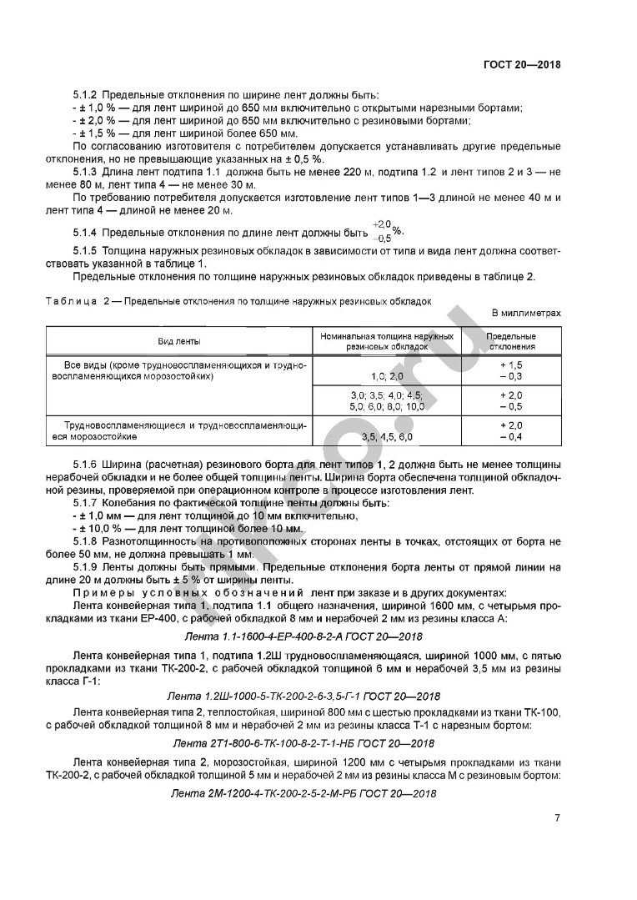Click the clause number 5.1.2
pos(86,96)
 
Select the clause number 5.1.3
pos(86,170)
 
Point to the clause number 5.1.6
pos(86,464)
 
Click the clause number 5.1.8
pos(86,541)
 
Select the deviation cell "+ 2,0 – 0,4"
pos(512,430)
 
